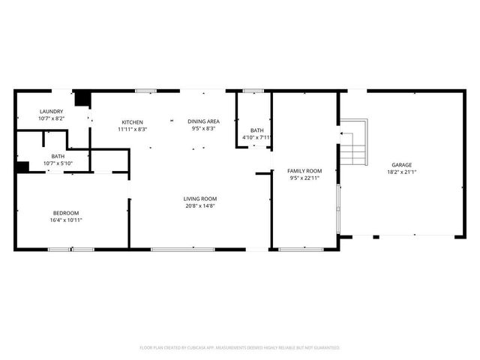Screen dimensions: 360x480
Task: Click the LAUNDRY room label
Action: click(x=51, y=111)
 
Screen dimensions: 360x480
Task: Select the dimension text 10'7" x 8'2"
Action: click(x=51, y=118)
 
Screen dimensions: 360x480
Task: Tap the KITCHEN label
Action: click(x=133, y=121)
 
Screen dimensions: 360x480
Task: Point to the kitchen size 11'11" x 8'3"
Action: click(x=133, y=129)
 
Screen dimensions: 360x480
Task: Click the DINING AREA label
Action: click(x=203, y=121)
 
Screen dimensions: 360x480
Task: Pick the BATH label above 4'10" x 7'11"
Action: click(x=256, y=130)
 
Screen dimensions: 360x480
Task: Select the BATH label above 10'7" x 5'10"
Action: click(x=58, y=156)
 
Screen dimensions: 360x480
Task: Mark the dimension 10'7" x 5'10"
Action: click(x=58, y=163)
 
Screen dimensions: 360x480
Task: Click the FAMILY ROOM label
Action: click(x=304, y=171)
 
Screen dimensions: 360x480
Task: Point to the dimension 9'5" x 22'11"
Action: click(x=304, y=178)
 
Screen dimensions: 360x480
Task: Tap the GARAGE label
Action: click(x=401, y=164)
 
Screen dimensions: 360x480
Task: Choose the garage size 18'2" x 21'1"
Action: click(x=401, y=172)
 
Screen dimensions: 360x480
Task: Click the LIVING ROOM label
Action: click(x=200, y=198)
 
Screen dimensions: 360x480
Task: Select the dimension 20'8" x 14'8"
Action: click(x=200, y=205)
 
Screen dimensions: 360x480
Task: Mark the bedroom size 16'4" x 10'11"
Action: click(x=65, y=220)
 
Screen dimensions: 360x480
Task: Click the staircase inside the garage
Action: click(x=354, y=143)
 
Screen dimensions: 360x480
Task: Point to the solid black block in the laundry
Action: click(x=82, y=98)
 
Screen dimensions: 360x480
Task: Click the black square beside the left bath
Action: click(x=22, y=167)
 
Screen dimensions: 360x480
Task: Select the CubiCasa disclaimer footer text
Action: click(x=240, y=347)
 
